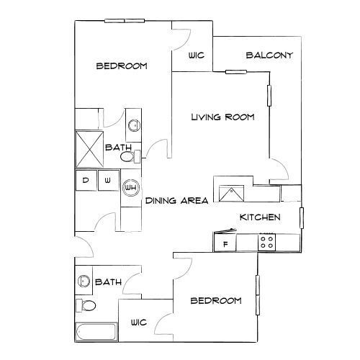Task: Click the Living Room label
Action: tap(222, 117)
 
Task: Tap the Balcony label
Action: tap(269, 55)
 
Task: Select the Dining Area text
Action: tap(177, 201)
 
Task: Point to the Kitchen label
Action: tap(259, 217)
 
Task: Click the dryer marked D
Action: tap(85, 180)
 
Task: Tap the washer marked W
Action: tap(107, 180)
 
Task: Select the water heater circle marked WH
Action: tap(131, 188)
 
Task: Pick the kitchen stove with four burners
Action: tap(266, 243)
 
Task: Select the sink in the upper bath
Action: tap(134, 125)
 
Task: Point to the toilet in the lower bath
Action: tap(86, 307)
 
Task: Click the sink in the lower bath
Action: tap(83, 281)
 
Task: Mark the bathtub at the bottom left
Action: tap(96, 333)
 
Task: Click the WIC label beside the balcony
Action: tap(195, 55)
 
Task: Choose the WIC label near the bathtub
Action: tap(139, 323)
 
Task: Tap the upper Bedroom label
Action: tap(122, 66)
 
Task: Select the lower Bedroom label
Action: tap(215, 300)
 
